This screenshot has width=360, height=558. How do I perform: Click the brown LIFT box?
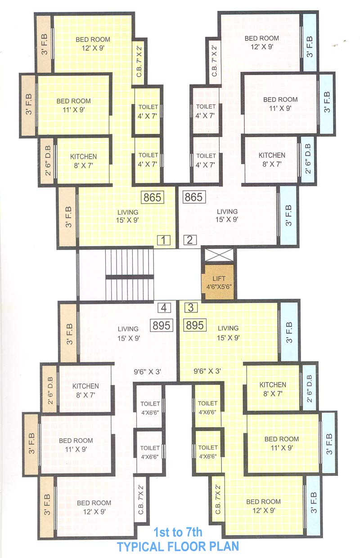click(218, 282)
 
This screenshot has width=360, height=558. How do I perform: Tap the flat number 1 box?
click(164, 240)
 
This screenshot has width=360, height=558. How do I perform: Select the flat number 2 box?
click(190, 240)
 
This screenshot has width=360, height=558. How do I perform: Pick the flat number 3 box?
click(191, 308)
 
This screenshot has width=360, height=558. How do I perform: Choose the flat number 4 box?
click(164, 308)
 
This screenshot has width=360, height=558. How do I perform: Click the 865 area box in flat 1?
click(153, 197)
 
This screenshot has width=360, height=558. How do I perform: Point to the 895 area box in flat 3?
click(195, 325)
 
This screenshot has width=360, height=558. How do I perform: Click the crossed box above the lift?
click(218, 255)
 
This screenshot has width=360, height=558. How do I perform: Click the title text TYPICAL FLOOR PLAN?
click(178, 547)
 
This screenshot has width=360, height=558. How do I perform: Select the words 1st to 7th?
click(178, 533)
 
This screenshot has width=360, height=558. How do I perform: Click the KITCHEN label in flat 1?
click(83, 156)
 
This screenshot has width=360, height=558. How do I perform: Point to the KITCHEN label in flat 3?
click(273, 384)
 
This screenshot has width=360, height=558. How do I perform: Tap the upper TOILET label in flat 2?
click(206, 107)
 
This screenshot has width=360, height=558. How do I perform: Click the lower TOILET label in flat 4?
click(150, 448)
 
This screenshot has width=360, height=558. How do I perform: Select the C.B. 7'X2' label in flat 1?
click(139, 62)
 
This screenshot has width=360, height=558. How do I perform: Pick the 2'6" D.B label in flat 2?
click(308, 159)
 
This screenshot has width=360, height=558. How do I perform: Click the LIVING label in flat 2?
click(227, 211)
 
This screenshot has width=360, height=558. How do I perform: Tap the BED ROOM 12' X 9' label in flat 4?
click(94, 503)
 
